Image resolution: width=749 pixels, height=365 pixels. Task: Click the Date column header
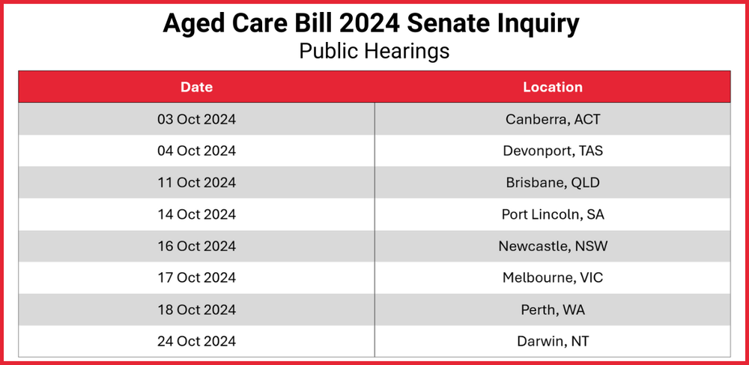click(x=196, y=87)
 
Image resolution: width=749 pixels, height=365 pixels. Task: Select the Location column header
click(x=553, y=87)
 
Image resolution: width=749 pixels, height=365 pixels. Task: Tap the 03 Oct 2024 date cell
click(x=196, y=119)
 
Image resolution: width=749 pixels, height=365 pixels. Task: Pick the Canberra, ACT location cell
click(x=553, y=119)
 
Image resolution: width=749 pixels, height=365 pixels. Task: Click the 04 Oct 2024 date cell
click(x=196, y=151)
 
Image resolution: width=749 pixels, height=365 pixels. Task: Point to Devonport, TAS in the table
click(x=553, y=151)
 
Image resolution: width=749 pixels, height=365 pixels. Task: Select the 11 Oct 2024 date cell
click(x=196, y=183)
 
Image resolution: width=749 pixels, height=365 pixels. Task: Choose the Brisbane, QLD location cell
click(x=553, y=183)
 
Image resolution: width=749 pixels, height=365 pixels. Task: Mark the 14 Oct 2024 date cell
click(x=196, y=214)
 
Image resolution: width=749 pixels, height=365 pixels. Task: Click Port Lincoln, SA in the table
click(x=553, y=214)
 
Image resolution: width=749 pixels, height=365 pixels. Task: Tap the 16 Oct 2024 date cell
click(x=196, y=247)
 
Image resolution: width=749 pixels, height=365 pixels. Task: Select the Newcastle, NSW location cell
click(x=553, y=247)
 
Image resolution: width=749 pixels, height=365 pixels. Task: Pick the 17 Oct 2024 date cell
click(x=196, y=278)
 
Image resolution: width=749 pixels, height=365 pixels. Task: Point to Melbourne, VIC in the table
click(x=553, y=278)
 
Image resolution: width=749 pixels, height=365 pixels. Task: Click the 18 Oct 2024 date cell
click(x=196, y=310)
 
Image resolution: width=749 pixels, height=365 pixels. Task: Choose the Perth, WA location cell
click(x=553, y=310)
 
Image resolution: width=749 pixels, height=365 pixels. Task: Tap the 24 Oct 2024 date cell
click(x=196, y=342)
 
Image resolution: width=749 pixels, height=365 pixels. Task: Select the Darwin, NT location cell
click(x=553, y=342)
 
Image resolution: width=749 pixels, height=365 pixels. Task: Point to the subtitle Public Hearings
click(x=374, y=51)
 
